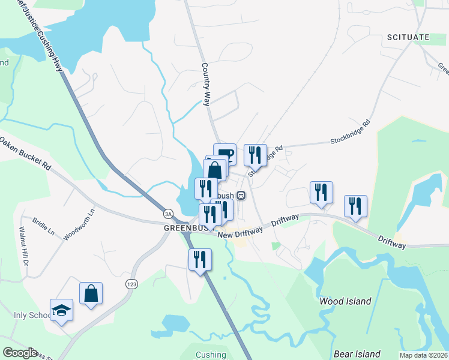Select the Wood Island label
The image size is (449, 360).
coord(345,301)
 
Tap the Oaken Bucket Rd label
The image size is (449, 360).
coord(25,154)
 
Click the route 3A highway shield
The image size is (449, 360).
coord(169,213)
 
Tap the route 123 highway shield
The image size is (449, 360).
coord(130,283)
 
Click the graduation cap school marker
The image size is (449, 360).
coord(61,310)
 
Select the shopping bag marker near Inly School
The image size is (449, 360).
coord(91,294)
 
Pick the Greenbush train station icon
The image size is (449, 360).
coord(241,195)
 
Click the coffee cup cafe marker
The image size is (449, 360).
coord(225,154)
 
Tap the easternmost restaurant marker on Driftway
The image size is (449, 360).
coord(355,206)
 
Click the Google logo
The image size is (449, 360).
coord(20,353)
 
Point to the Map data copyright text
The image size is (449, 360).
coord(423,355)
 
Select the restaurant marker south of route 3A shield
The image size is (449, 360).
coord(200,259)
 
